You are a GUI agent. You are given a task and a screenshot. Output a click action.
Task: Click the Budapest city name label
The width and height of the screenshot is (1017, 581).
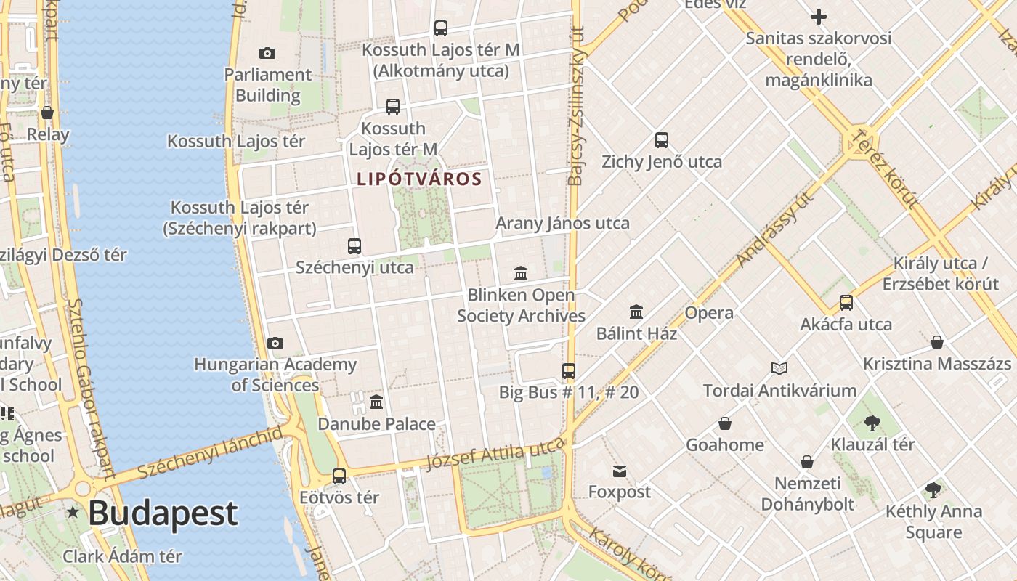(163, 513)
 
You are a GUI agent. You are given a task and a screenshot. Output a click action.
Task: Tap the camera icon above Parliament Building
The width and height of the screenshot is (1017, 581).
(267, 53)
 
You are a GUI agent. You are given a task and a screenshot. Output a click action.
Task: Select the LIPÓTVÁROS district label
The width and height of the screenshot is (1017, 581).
(419, 179)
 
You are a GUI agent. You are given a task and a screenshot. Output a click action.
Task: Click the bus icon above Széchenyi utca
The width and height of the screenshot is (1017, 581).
(354, 246)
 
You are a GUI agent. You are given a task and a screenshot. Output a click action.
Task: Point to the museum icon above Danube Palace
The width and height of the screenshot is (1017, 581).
(376, 402)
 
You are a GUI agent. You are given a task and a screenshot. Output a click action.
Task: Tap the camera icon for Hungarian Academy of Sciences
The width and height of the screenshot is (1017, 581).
(275, 343)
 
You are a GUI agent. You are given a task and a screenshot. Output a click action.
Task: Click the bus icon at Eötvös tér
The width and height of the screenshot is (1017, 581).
(339, 476)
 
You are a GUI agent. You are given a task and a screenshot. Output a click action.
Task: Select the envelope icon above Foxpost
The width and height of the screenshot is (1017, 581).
(620, 471)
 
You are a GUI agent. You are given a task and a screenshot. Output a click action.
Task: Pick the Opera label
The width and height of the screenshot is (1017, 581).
(709, 313)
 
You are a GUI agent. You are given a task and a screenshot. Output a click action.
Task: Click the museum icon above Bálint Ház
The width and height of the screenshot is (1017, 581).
(636, 312)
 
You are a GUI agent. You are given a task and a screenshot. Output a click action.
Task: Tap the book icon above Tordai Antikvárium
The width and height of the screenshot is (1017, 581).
(779, 369)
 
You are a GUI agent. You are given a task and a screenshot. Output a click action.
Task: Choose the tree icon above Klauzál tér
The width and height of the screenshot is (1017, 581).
(872, 423)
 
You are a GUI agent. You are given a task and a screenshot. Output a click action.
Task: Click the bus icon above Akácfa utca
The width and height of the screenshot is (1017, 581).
(846, 303)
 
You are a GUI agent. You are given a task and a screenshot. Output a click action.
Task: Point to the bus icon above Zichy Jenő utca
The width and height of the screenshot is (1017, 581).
(661, 140)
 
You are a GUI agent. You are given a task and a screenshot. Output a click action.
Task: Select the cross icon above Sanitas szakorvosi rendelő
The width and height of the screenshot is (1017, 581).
(819, 17)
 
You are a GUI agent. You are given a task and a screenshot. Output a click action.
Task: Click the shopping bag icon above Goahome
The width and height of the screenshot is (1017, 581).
(724, 423)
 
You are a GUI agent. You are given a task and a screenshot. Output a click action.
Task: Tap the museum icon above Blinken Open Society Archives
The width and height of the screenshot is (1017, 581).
(521, 274)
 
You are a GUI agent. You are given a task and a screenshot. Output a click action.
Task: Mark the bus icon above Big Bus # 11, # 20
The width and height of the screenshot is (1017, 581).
(569, 371)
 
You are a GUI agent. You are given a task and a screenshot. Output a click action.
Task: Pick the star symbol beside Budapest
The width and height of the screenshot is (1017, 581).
(73, 513)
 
